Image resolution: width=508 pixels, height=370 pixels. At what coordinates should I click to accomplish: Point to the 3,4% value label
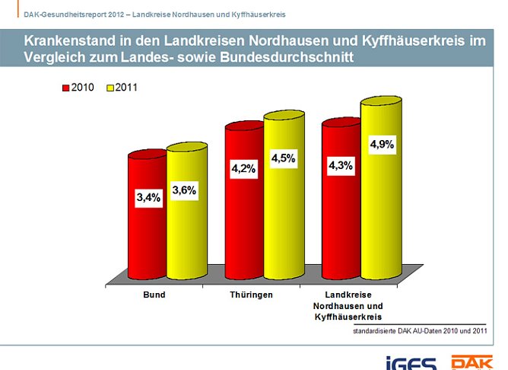pos(148,198)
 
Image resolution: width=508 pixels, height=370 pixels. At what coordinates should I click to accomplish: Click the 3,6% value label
pos(185,190)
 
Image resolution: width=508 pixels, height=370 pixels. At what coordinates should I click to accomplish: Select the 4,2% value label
pos(244,169)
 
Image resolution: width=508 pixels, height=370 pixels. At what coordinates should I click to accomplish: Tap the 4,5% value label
pos(283,158)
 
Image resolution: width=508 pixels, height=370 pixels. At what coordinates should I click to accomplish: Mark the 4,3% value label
pos(341,165)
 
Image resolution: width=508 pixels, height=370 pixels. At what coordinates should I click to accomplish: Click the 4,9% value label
pos(381,144)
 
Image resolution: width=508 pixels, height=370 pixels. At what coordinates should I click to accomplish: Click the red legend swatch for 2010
pos(65,88)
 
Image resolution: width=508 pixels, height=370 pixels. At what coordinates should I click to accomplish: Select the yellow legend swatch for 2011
pos(110,88)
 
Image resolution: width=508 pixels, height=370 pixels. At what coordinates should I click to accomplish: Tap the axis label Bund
pos(154,293)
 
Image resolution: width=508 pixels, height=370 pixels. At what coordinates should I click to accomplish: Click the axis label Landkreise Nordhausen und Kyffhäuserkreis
pos(348,304)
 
